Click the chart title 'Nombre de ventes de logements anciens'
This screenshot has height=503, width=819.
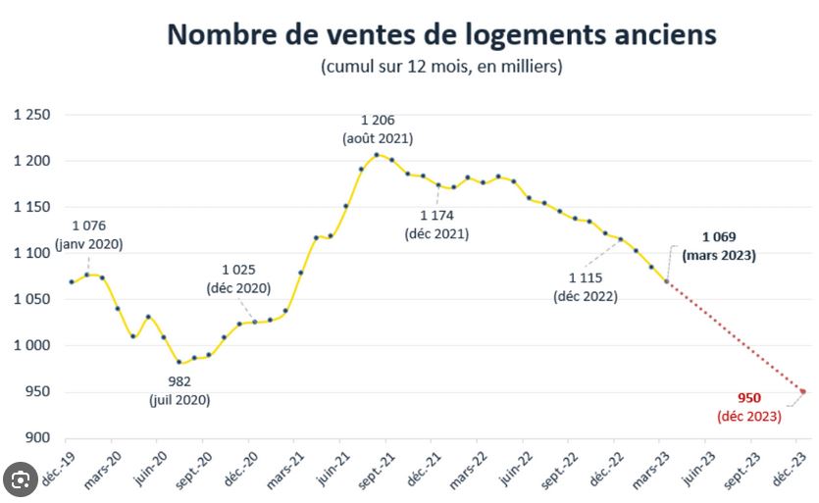click(x=441, y=34)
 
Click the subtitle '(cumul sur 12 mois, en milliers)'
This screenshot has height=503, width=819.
click(x=440, y=67)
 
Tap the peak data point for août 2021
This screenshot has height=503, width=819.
click(x=377, y=155)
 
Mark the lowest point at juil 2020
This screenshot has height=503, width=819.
click(x=179, y=362)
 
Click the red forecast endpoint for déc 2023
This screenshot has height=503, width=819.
click(x=802, y=391)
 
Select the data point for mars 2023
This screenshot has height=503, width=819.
click(x=667, y=281)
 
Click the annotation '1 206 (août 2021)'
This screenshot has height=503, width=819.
click(x=378, y=129)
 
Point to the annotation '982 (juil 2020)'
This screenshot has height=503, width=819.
click(x=179, y=390)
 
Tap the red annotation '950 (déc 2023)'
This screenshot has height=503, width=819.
click(x=749, y=406)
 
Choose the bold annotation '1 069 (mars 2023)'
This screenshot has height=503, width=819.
click(x=726, y=245)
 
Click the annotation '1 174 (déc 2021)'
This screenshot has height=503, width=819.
click(x=436, y=224)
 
